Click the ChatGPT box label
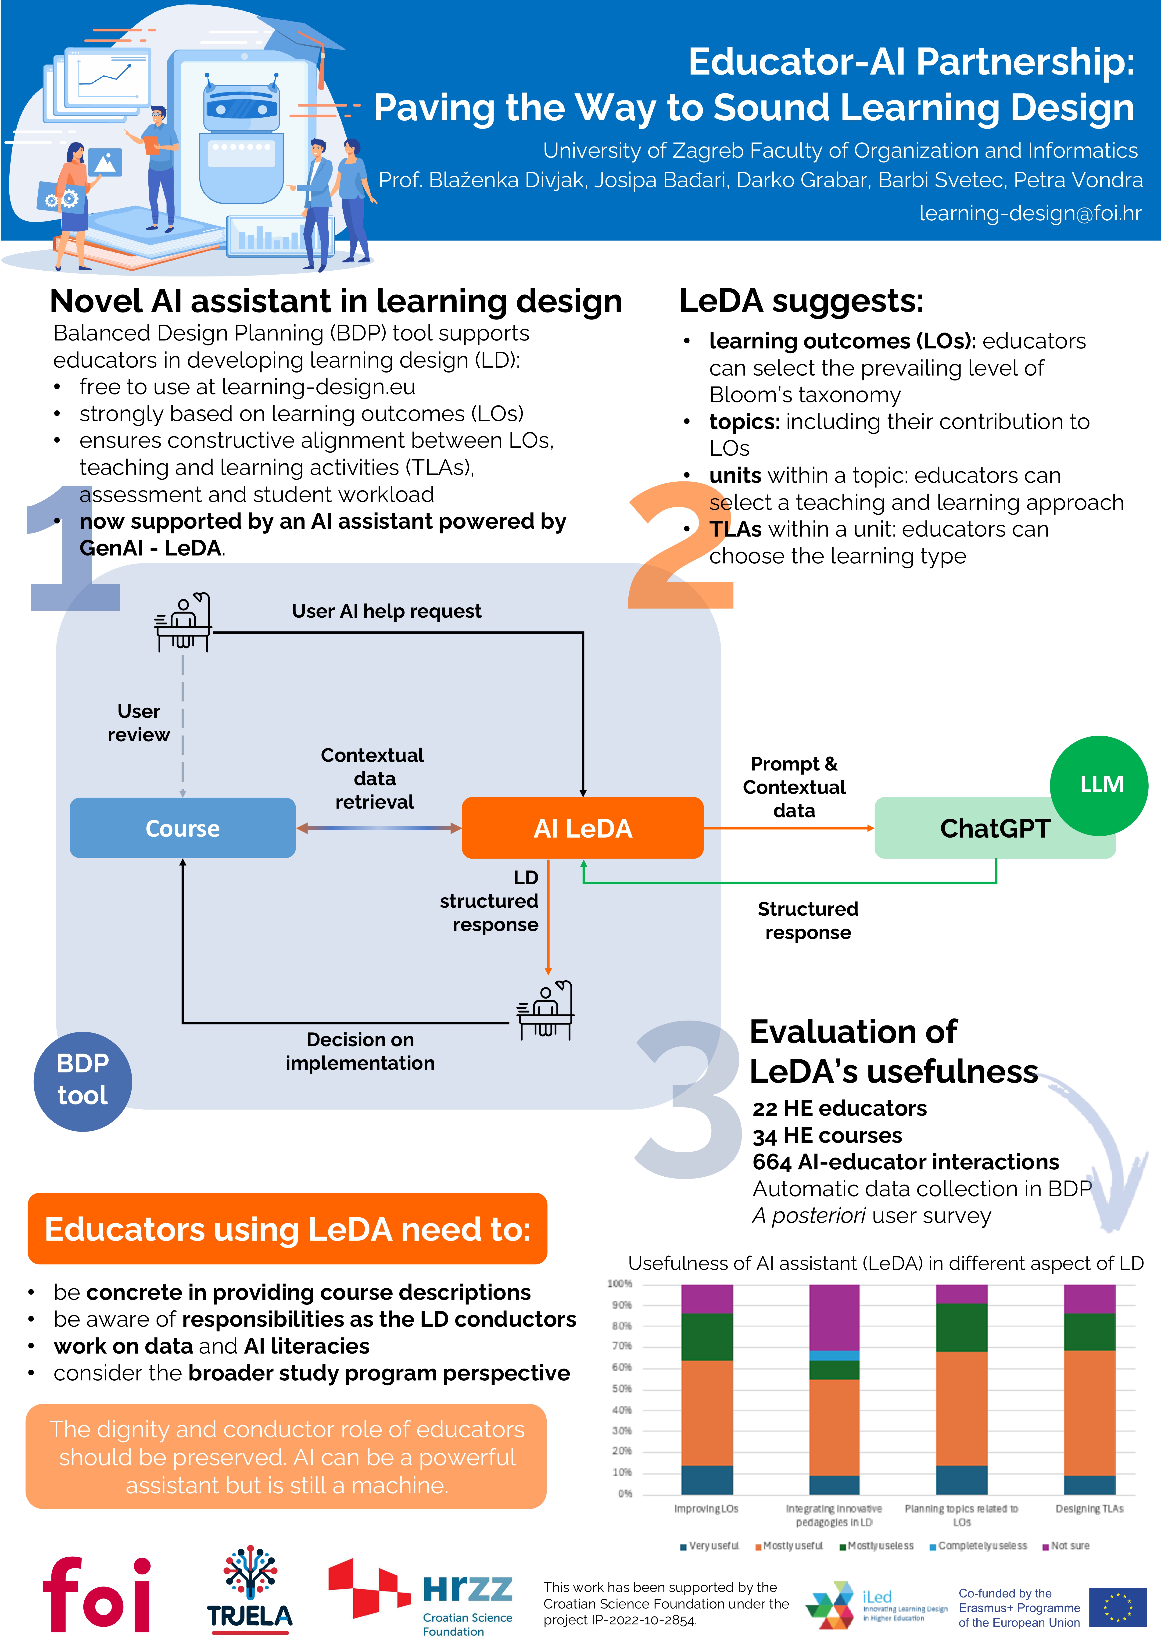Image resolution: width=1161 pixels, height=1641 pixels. (x=994, y=828)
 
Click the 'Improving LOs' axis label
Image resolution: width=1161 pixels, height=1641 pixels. (x=706, y=1508)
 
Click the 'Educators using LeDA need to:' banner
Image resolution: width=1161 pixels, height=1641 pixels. (x=287, y=1229)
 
